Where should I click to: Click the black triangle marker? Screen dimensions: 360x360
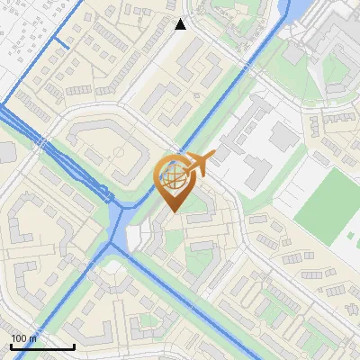coord(180,24)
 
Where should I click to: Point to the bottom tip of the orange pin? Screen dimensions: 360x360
coord(174,212)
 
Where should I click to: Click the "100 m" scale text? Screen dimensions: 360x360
coord(24,338)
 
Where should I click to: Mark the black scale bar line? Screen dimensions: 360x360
coord(41,346)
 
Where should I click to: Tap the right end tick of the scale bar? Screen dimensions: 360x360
coord(73,345)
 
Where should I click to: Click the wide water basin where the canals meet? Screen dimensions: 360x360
coord(120,236)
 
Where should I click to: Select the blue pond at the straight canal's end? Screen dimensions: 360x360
coord(292,11)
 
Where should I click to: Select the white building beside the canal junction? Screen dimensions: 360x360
coord(135,238)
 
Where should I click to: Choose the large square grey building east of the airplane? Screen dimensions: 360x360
coord(283,137)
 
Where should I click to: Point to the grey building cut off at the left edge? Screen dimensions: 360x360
coord(6,152)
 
